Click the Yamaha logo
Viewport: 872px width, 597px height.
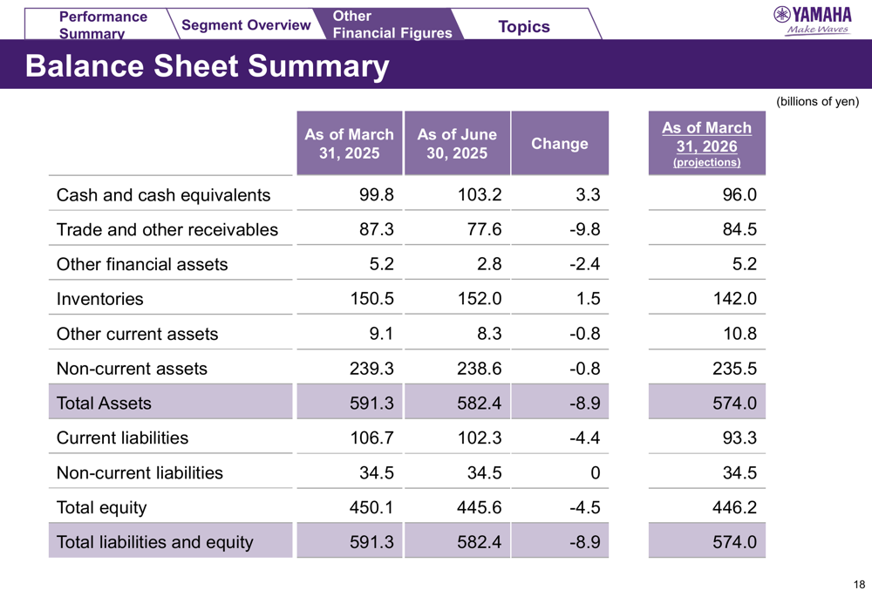point(813,20)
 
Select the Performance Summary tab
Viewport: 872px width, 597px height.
point(103,25)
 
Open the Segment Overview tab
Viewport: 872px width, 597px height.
point(246,25)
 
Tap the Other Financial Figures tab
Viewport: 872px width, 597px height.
point(392,25)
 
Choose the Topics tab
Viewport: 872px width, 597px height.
point(523,27)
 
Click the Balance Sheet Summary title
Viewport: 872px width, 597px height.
point(208,65)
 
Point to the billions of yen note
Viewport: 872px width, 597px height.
point(817,102)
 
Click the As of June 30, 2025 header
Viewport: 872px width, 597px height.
point(457,144)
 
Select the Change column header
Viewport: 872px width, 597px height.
point(560,144)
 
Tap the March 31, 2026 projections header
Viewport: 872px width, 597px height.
point(706,144)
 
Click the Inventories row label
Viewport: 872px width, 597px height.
point(99,299)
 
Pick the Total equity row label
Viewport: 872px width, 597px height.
point(101,507)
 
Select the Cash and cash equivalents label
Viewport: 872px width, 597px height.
point(163,195)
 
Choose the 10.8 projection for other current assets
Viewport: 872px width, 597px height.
point(739,334)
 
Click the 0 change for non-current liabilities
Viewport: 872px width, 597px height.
point(595,473)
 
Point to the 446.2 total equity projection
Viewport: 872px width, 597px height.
point(734,507)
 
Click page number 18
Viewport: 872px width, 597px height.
point(859,585)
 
